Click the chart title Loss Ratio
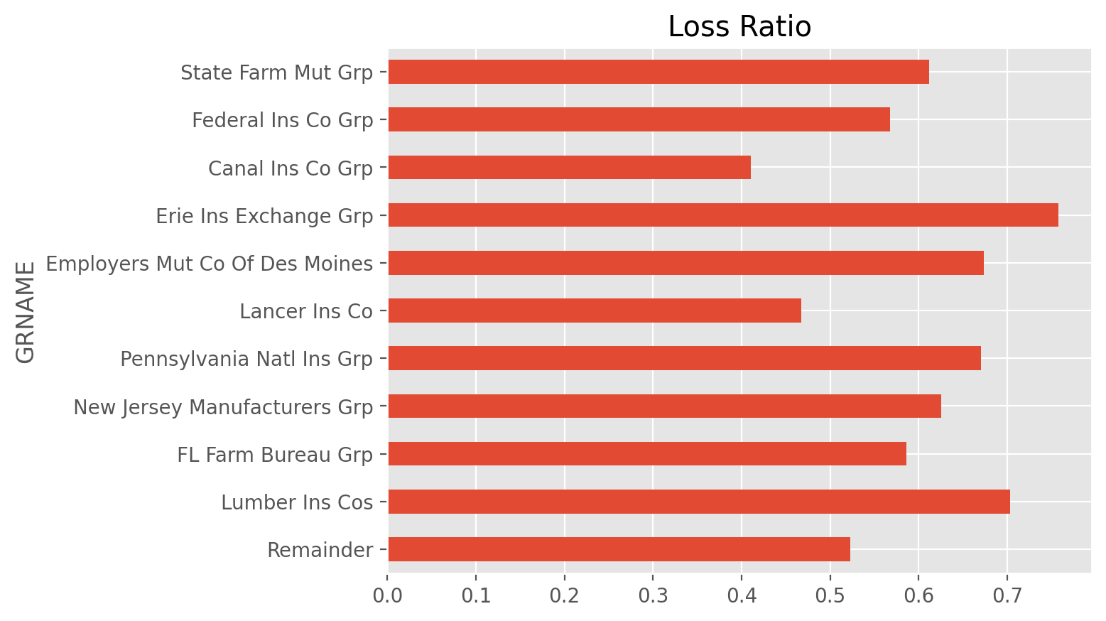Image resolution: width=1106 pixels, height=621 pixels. click(x=739, y=26)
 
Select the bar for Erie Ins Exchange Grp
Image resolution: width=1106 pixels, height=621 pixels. click(x=723, y=215)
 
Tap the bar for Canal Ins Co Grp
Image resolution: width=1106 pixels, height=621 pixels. click(x=570, y=168)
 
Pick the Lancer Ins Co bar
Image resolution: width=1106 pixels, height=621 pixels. click(x=595, y=310)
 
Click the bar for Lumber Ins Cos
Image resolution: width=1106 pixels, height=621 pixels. click(x=699, y=502)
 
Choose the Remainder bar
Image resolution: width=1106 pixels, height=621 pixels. click(x=619, y=549)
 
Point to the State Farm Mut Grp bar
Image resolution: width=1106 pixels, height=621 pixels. click(x=658, y=72)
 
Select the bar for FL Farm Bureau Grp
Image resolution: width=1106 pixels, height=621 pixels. click(x=647, y=453)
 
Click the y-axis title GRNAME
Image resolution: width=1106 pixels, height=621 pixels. click(x=25, y=312)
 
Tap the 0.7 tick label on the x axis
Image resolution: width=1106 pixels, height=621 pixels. click(x=1007, y=596)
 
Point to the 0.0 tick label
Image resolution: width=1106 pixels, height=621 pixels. click(x=388, y=596)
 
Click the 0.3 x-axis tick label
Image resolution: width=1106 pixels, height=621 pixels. click(x=653, y=596)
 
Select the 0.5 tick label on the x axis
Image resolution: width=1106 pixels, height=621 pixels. click(x=830, y=596)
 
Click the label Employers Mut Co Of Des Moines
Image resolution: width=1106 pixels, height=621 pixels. click(x=210, y=264)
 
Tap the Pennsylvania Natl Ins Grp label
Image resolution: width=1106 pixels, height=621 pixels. click(x=246, y=359)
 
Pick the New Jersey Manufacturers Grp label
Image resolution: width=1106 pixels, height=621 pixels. click(x=223, y=408)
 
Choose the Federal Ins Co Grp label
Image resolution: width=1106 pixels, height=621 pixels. click(x=283, y=121)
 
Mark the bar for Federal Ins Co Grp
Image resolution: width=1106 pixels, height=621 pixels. click(x=639, y=119)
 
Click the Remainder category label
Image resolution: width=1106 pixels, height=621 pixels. click(x=320, y=550)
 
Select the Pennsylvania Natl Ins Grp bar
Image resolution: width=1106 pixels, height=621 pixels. click(x=685, y=358)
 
